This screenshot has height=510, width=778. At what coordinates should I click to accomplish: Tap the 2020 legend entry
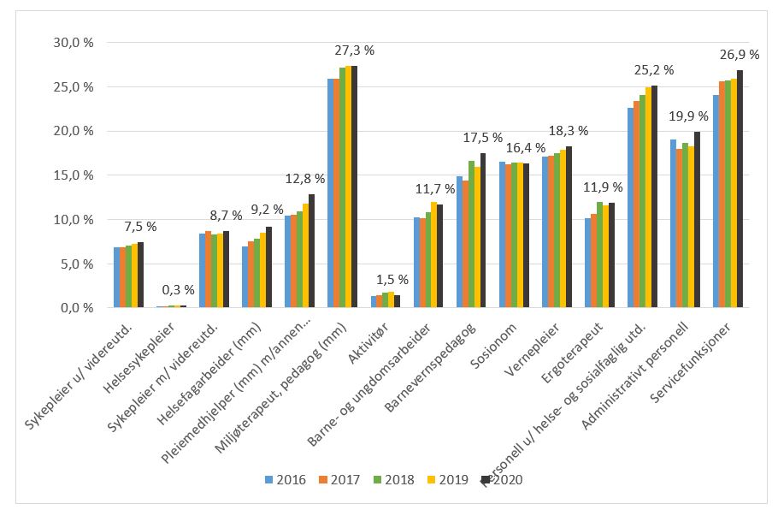click(499, 480)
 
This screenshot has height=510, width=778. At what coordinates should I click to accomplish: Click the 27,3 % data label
click(355, 50)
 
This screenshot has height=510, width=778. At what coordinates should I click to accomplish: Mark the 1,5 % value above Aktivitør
click(392, 279)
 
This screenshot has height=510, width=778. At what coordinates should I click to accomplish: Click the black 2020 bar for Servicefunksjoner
click(739, 189)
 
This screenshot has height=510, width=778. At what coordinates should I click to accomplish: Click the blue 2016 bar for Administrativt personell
click(674, 223)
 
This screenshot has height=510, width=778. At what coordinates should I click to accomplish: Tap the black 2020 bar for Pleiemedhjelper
click(311, 251)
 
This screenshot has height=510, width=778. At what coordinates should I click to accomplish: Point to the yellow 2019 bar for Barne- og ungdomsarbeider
click(434, 255)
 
